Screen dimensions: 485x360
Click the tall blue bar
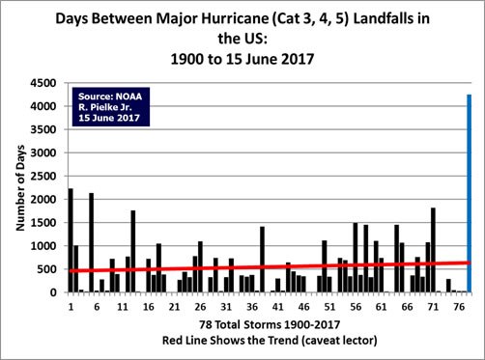tap(469, 193)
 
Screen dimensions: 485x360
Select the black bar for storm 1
tap(71, 240)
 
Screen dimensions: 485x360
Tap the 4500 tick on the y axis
tap(43, 83)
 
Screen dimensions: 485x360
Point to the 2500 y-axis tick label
tap(43, 177)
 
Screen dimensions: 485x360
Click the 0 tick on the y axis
tap(53, 292)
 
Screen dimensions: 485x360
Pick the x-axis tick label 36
tap(252, 307)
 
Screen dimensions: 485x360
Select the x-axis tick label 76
tap(459, 307)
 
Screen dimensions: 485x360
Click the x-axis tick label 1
tap(71, 307)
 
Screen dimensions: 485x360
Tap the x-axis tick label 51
tap(329, 307)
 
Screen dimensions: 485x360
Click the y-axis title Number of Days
tap(20, 188)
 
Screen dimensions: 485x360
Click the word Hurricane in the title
tap(235, 18)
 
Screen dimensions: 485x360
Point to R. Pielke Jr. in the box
tap(105, 107)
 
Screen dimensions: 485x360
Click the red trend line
tap(270, 266)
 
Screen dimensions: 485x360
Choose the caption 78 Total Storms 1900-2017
tap(270, 324)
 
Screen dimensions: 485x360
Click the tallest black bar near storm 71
tap(433, 250)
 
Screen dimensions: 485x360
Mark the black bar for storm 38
tap(262, 260)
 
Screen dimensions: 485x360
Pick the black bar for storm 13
tap(133, 251)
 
